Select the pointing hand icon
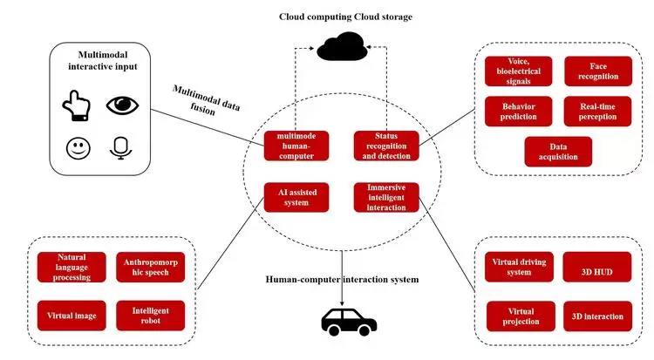click(x=77, y=106)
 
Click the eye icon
click(x=123, y=105)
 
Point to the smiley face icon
click(x=78, y=148)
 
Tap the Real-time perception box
click(x=592, y=111)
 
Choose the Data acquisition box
click(x=557, y=151)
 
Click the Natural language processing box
click(x=73, y=267)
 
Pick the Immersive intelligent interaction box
click(x=385, y=197)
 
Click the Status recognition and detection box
click(x=385, y=146)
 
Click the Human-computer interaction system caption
click(x=343, y=279)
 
